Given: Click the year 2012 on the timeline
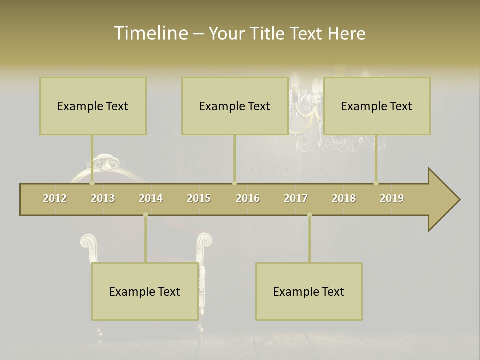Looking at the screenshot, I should (55, 198).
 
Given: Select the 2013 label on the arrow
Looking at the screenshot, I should (103, 198).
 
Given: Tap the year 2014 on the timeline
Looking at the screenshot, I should (151, 198).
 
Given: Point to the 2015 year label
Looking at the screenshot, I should (199, 198).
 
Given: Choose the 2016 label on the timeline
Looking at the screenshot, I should (248, 198).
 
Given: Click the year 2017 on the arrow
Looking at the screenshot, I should (296, 198).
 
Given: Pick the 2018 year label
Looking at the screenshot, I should (344, 198).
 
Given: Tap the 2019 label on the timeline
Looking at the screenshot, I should (392, 198).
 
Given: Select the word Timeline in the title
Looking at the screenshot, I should (150, 33).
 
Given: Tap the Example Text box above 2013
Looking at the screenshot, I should (93, 106).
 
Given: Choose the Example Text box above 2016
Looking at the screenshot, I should (235, 106).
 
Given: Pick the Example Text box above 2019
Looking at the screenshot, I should (377, 106).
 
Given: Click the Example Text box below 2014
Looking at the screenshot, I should (145, 291).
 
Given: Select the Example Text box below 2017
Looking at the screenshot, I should (309, 291).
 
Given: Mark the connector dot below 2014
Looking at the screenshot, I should (145, 215).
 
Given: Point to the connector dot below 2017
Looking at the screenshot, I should (309, 215).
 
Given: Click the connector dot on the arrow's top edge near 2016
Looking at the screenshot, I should (234, 183).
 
